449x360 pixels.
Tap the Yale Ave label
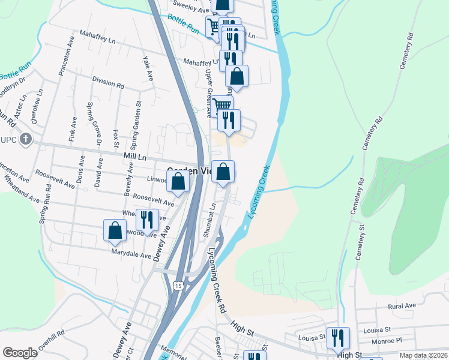(x=147, y=68)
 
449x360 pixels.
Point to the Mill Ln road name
(x=135, y=156)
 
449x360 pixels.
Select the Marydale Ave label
(x=131, y=254)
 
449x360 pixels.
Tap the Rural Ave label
(x=402, y=306)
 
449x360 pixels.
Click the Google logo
(x=20, y=353)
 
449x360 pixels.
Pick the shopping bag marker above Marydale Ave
(x=115, y=231)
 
